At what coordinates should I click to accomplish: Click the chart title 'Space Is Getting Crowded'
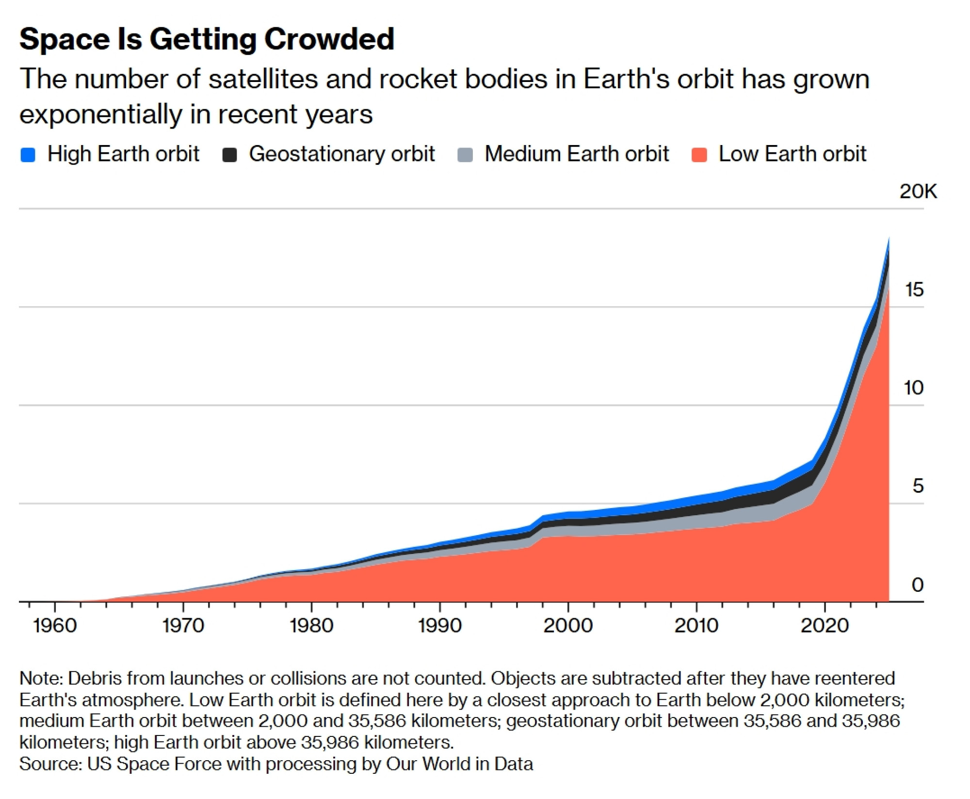coord(207,39)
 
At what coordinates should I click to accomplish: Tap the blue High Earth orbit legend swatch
coord(28,155)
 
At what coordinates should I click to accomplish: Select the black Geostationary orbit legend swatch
coord(229,155)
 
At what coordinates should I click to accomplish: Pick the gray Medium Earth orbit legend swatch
coord(465,155)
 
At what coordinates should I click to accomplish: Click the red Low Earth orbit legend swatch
coord(699,155)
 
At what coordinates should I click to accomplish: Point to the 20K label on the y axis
coord(918,192)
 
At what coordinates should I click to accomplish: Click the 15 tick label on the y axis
coord(914,290)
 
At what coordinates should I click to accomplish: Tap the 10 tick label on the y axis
coord(914,388)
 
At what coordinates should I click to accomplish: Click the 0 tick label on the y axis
coord(918,585)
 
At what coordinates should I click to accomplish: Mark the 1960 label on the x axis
coord(55,626)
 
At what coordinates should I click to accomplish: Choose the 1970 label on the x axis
coord(183,626)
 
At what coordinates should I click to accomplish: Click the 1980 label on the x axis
coord(311,626)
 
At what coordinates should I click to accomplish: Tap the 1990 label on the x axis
coord(440,626)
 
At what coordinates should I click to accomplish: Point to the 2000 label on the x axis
coord(568,626)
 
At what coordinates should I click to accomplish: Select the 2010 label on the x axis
coord(696,626)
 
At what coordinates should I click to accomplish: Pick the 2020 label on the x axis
coord(824,626)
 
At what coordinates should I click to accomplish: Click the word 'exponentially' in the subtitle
coord(100,115)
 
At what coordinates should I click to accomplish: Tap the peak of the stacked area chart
coord(889,238)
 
